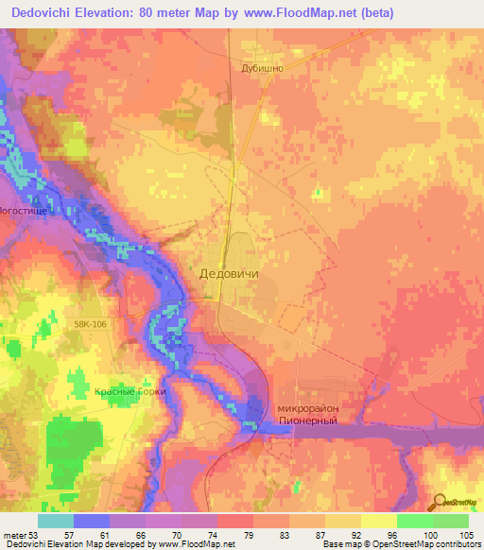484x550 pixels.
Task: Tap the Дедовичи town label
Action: [x=230, y=272]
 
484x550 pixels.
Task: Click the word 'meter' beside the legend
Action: [x=14, y=535]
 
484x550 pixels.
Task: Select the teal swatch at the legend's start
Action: [x=56, y=521]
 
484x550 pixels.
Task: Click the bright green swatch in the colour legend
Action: [x=415, y=521]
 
